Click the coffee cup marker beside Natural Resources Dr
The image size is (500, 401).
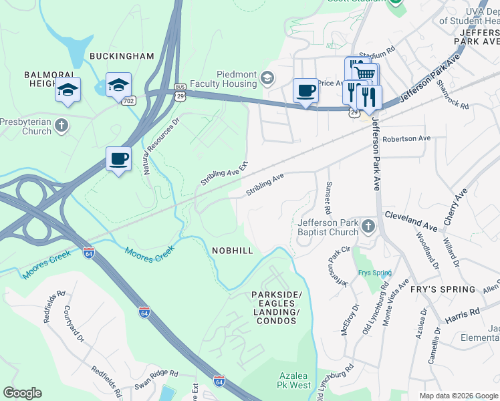click(118, 159)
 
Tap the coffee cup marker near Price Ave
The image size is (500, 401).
click(305, 90)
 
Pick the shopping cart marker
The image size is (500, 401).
click(364, 74)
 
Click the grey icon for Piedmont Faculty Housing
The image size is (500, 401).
click(267, 79)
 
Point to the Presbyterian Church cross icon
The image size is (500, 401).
click(61, 125)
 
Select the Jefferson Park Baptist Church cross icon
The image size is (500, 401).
click(367, 227)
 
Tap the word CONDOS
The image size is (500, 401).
click(276, 321)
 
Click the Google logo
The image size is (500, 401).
click(22, 393)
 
